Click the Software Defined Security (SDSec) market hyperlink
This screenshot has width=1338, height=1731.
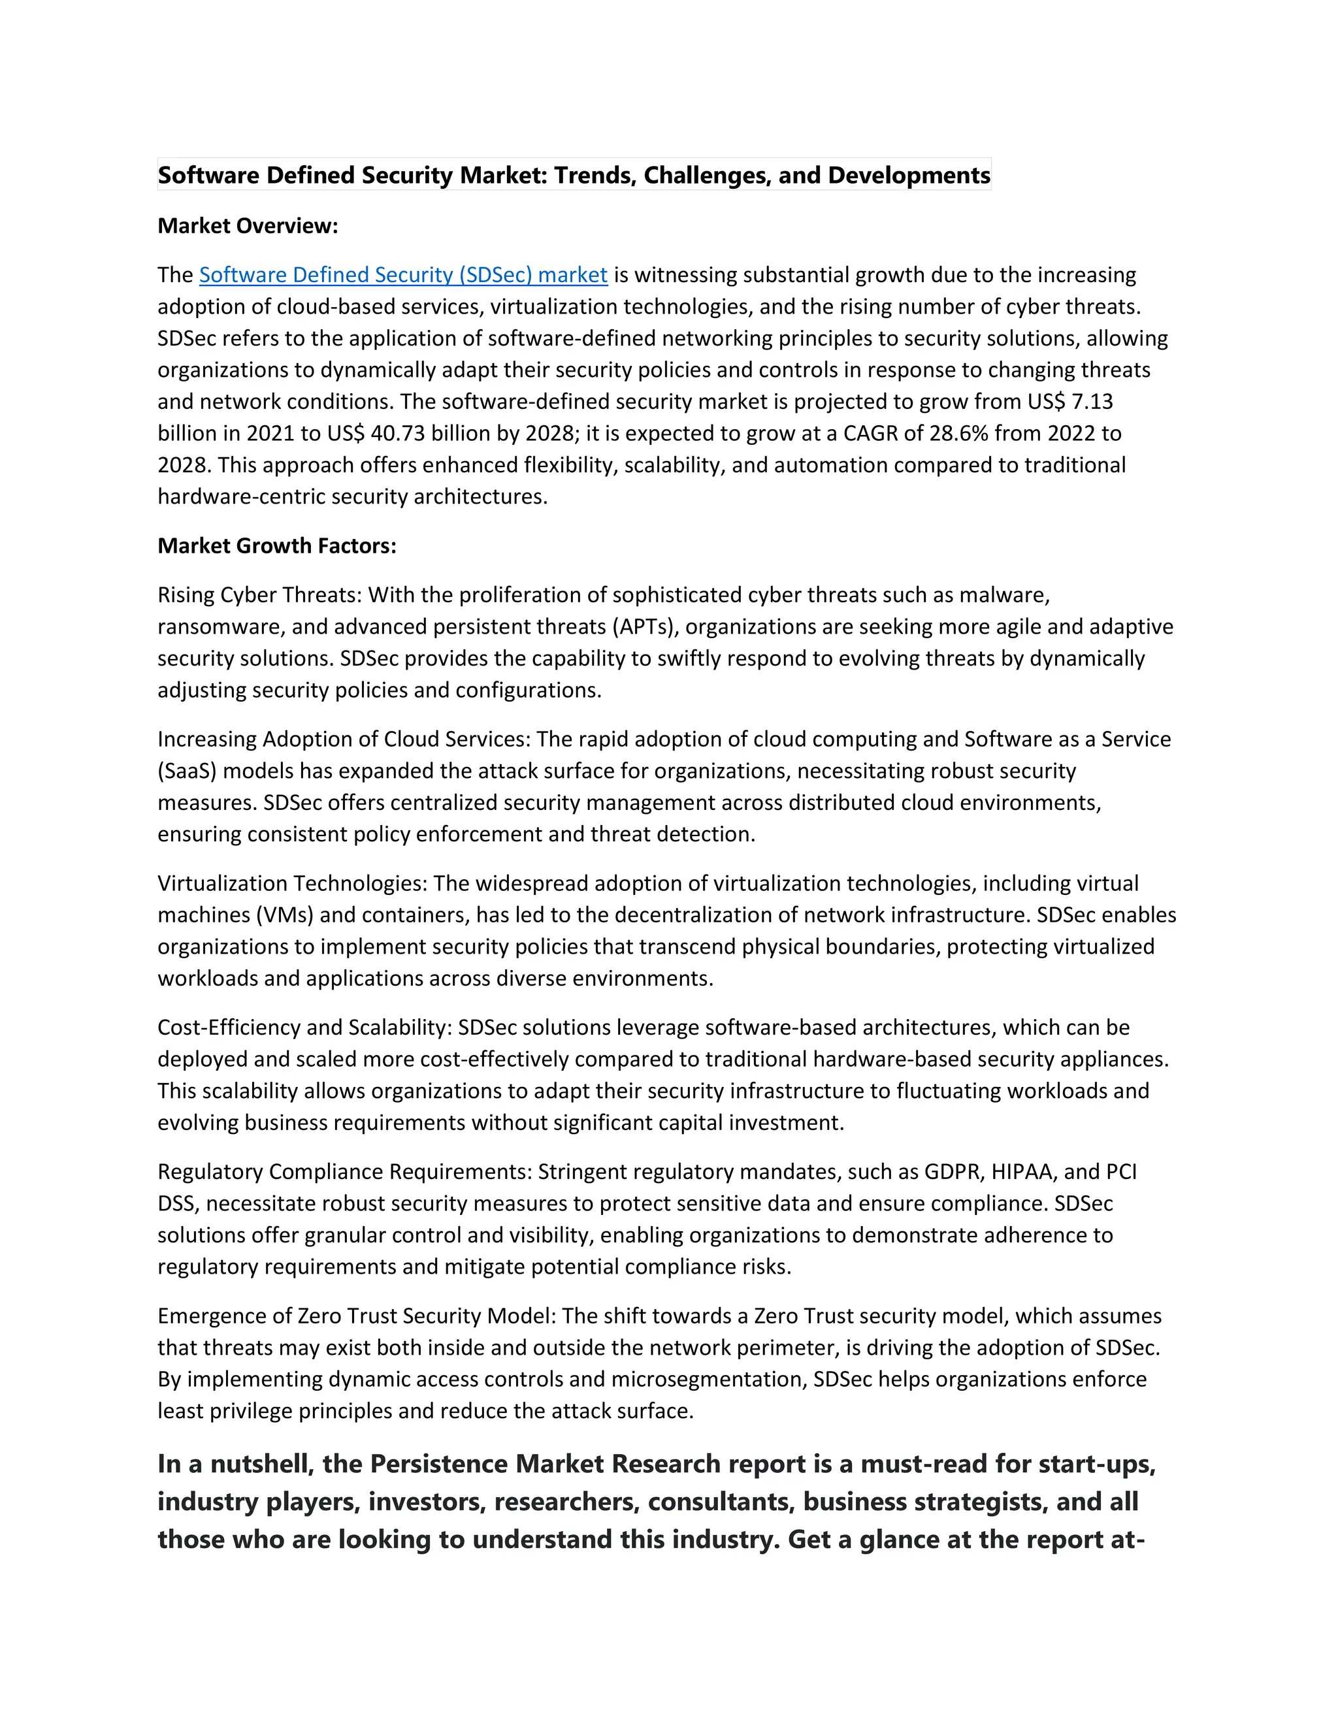(402, 275)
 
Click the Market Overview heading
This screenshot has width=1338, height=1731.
(248, 226)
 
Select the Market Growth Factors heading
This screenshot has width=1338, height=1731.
(276, 546)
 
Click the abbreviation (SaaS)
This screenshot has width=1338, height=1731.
(187, 771)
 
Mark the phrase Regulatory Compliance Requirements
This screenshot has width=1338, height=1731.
(344, 1173)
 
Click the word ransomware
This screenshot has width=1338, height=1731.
(219, 627)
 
